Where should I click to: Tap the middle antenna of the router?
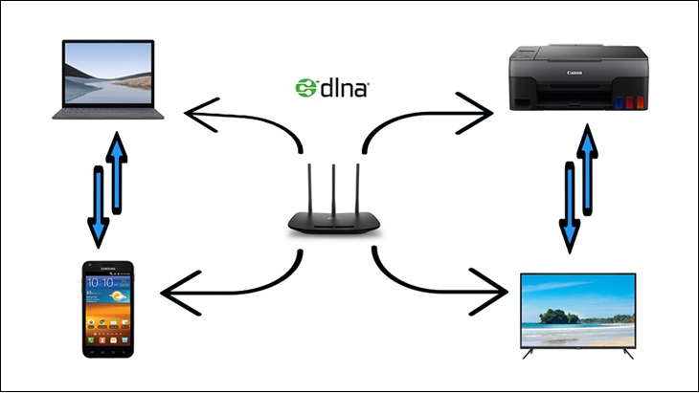click(x=334, y=186)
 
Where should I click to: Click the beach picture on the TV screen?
click(x=576, y=311)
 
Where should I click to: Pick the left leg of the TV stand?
click(x=529, y=354)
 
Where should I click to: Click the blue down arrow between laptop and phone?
click(x=98, y=206)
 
